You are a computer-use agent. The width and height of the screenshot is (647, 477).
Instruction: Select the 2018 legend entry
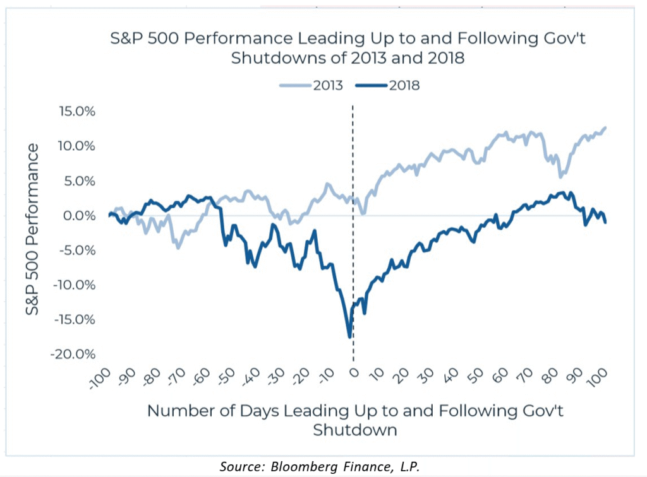coord(390,85)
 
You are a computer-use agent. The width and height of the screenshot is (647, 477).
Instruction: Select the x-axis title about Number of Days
coord(355,420)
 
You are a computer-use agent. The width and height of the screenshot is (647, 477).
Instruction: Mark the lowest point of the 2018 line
coord(349,337)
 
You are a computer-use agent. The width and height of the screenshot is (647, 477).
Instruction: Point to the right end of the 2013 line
coord(605,128)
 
